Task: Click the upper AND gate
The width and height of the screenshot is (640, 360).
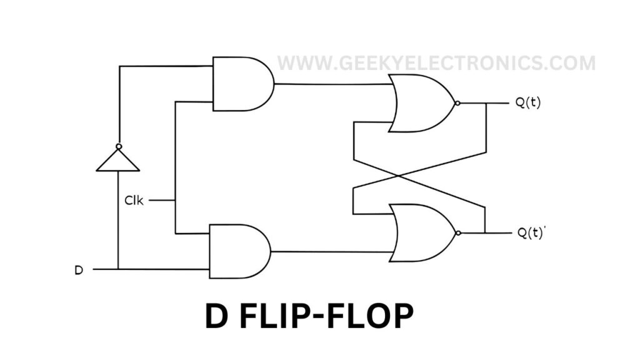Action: point(241,83)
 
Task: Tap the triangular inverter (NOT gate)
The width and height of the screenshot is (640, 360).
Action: point(117,160)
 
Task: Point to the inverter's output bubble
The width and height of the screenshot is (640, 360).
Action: point(118,146)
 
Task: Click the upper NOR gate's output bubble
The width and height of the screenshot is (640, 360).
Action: point(458,103)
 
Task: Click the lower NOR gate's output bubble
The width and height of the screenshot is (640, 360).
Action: point(459,232)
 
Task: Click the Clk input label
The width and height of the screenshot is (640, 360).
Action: point(133,201)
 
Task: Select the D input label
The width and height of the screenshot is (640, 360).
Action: point(79,270)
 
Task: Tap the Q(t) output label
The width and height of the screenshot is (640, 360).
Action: point(528,103)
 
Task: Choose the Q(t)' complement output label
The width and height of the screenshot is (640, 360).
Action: point(531,233)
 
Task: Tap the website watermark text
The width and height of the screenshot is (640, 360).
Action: point(436,63)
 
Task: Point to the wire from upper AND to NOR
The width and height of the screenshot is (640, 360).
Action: point(331,84)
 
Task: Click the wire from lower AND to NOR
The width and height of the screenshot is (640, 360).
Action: point(331,252)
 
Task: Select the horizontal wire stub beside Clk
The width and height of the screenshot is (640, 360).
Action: point(162,201)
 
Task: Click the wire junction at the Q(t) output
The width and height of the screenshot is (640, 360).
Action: point(486,103)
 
